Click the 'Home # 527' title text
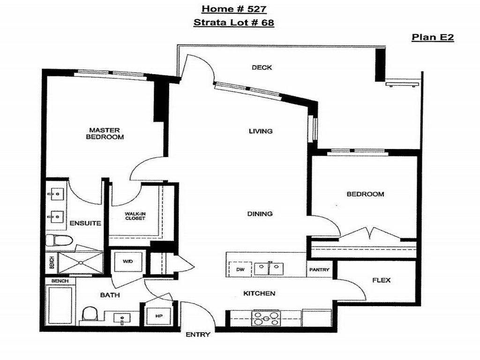pos(234,8)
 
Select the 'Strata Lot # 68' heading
pos(234,22)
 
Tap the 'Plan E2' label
pos(433,38)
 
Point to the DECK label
pos(262,67)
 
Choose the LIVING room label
pos(261,131)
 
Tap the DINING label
pos(260,214)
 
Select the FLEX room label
pos(382,280)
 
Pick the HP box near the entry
pos(158,315)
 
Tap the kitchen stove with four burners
pos(266,318)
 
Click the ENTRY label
pos(198,335)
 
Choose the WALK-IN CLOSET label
pos(135,216)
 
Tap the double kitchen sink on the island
pos(269,269)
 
